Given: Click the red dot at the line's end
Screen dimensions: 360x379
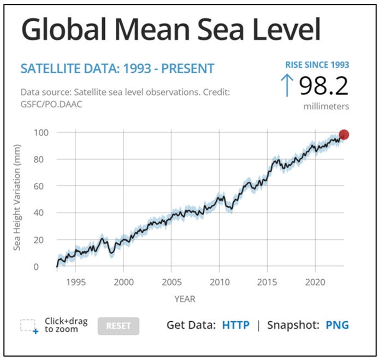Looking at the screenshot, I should [344, 135].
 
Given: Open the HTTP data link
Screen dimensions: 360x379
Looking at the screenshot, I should [235, 325].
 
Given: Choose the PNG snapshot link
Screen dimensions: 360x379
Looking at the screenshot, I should [337, 325].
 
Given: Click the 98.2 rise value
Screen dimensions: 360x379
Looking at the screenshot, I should [324, 85].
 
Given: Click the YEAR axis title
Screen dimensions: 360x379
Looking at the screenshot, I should [185, 299].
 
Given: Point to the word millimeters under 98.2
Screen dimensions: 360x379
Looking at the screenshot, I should [326, 106].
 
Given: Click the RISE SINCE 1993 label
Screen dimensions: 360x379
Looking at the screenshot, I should [317, 65].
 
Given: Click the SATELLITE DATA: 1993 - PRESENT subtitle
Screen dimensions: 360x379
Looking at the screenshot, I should [117, 69].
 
